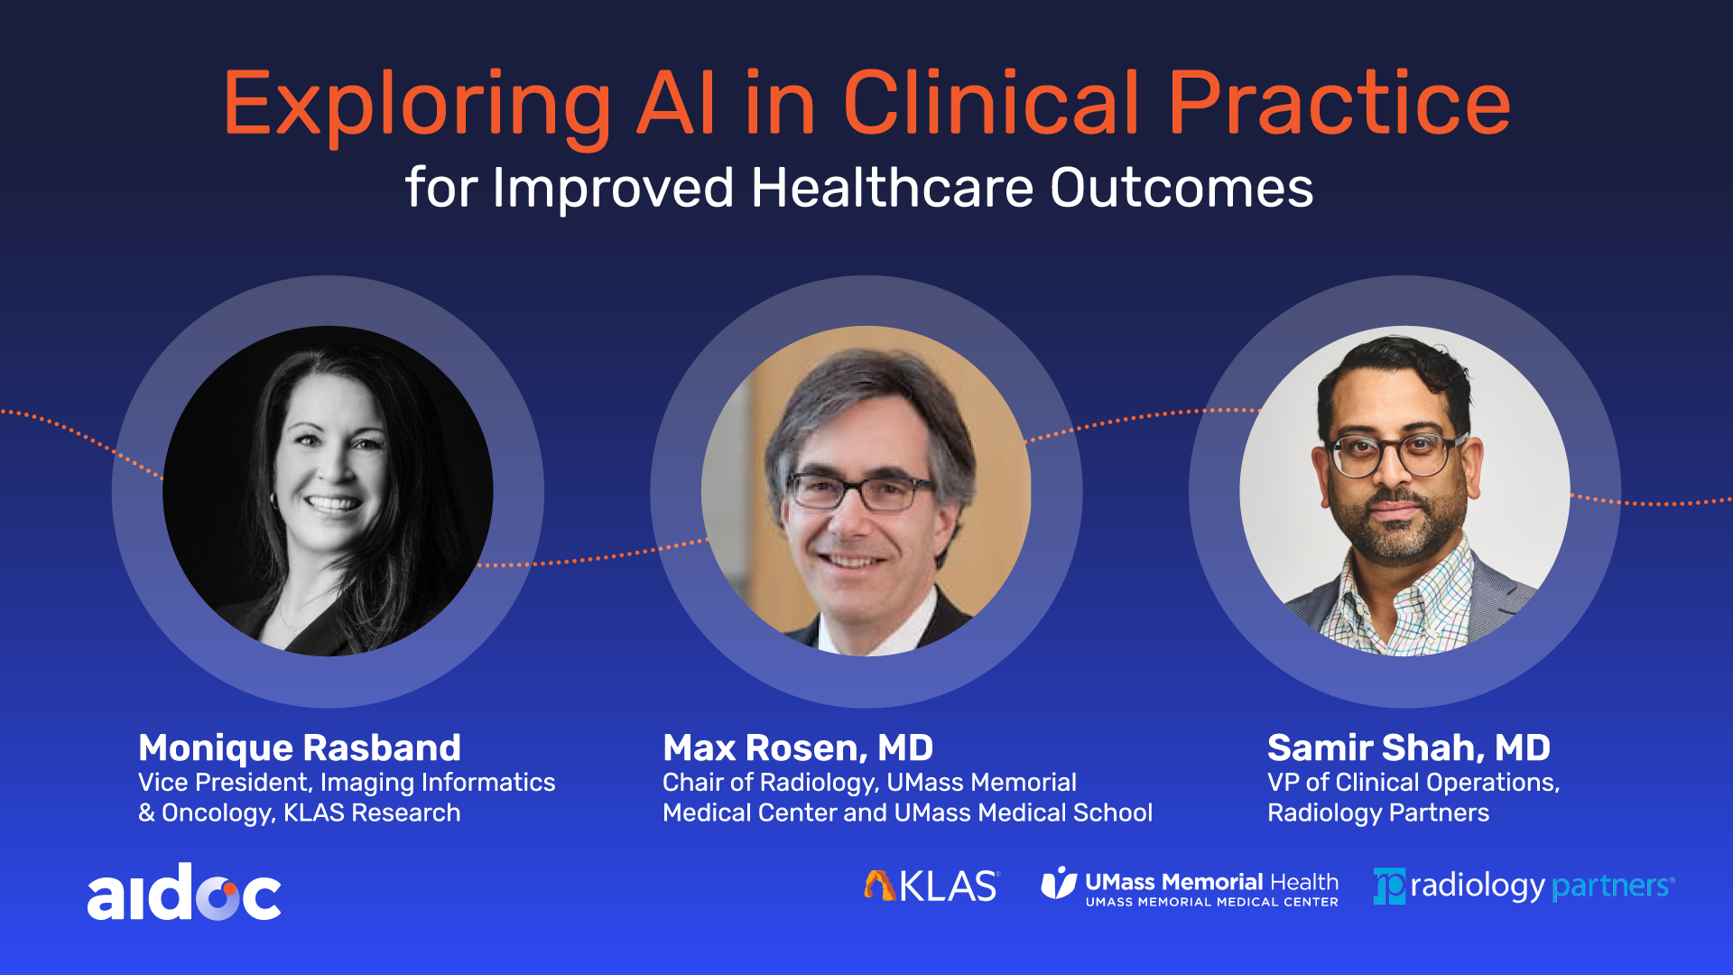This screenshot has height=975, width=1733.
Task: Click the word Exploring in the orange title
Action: coord(418,106)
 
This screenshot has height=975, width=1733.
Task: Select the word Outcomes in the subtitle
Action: coord(1182,188)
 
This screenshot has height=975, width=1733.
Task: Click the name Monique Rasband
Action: coord(300,747)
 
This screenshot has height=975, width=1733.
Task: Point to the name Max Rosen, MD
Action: coord(798,747)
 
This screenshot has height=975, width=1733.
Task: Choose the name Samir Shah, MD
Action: coord(1409,747)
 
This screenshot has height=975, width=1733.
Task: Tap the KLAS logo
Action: coord(931,886)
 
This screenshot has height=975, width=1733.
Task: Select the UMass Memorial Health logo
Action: coord(1190,887)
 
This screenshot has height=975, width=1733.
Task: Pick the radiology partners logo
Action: coord(1524,886)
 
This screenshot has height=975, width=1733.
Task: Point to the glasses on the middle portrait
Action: coord(859,492)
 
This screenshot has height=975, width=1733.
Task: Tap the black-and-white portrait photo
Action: coord(328,491)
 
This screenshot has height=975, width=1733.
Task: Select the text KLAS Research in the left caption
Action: coord(372,812)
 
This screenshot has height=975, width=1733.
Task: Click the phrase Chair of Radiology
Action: coord(768,783)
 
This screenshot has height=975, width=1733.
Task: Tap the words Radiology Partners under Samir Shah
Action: coord(1378,813)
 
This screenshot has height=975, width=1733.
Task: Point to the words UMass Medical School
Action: coord(1024,812)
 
